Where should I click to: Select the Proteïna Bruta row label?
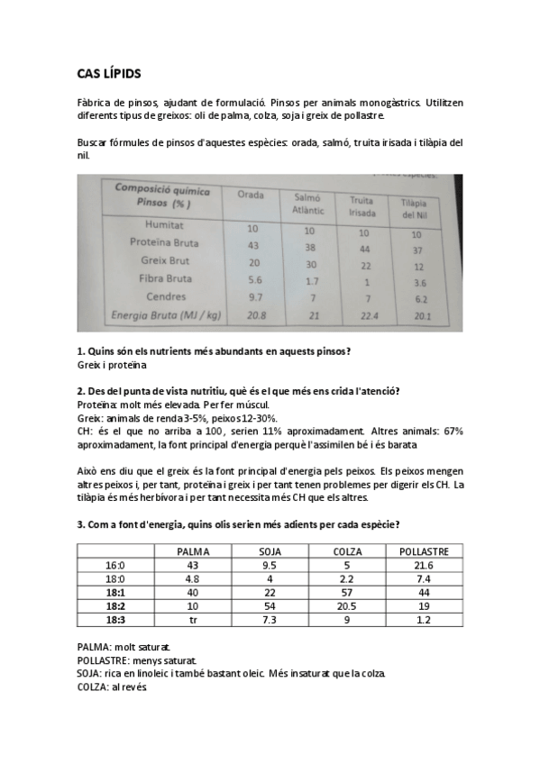click(165, 243)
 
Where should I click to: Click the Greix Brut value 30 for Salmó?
click(309, 263)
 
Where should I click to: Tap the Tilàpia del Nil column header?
click(414, 208)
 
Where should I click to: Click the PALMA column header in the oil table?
click(193, 550)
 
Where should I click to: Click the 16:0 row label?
click(115, 565)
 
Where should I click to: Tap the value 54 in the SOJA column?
click(270, 605)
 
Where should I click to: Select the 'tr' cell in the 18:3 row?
click(193, 620)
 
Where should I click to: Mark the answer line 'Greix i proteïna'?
click(112, 365)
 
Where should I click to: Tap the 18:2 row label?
click(115, 605)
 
